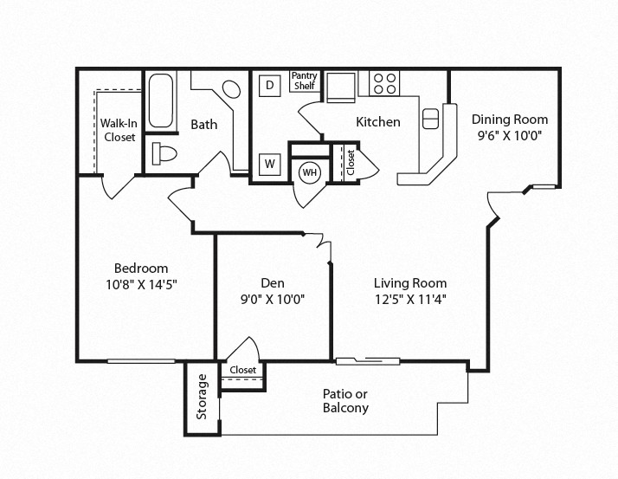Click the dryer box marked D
(x=269, y=85)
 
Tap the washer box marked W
(x=269, y=164)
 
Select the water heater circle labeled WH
(x=310, y=172)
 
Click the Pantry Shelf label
(x=305, y=81)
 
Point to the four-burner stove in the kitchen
(x=384, y=83)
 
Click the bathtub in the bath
(x=161, y=100)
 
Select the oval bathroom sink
(x=231, y=89)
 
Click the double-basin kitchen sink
(x=430, y=119)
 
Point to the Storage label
(x=202, y=397)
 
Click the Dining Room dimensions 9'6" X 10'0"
(x=510, y=136)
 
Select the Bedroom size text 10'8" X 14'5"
(x=141, y=284)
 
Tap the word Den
(x=273, y=283)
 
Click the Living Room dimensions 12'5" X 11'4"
(x=410, y=300)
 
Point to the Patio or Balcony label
(x=345, y=401)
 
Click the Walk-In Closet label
(x=119, y=130)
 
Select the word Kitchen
(x=378, y=122)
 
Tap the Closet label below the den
(x=242, y=370)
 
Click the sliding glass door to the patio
(x=368, y=360)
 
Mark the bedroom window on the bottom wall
(x=141, y=360)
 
